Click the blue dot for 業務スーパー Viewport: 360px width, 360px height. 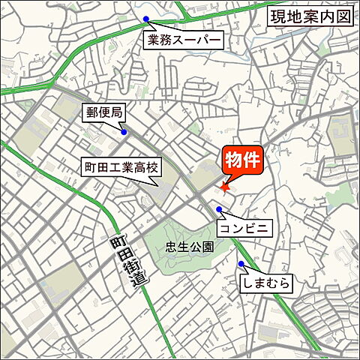pyautogui.click(x=146, y=19)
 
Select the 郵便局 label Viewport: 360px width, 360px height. pyautogui.click(x=103, y=112)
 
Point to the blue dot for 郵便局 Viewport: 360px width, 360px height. pyautogui.click(x=124, y=133)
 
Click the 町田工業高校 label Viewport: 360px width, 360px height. pyautogui.click(x=120, y=169)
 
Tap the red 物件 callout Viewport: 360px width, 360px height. pyautogui.click(x=242, y=160)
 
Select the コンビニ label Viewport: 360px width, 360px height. pyautogui.click(x=243, y=226)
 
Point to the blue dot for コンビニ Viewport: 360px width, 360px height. pyautogui.click(x=219, y=209)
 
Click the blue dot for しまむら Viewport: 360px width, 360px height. pyautogui.click(x=241, y=264)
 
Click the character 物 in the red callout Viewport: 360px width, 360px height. pyautogui.click(x=232, y=160)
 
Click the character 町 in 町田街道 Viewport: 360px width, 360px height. pyautogui.click(x=115, y=243)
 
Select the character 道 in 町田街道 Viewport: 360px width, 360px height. pyautogui.click(x=138, y=278)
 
